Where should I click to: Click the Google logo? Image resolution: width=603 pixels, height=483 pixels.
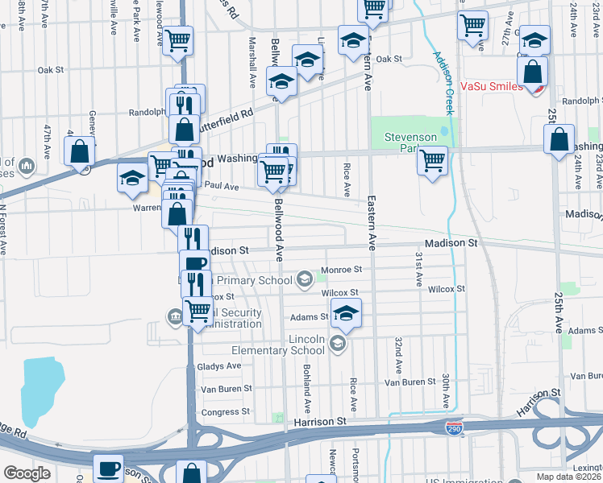pos(27,473)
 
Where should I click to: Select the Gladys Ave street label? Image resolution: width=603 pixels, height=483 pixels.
pos(219,365)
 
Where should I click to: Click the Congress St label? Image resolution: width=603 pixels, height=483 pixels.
pos(220,412)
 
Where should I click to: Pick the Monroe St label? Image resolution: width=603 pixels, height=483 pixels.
pos(342,270)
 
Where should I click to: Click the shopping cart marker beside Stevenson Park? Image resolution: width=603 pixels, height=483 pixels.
pos(433,161)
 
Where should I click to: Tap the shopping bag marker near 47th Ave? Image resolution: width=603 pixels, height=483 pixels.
pos(80,151)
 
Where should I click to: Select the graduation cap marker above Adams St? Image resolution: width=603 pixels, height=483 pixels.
pos(346,312)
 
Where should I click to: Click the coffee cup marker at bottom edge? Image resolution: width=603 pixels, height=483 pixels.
pos(109,468)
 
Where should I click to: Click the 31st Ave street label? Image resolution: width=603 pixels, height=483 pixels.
pos(419,269)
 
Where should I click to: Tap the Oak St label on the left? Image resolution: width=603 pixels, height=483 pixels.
pos(50,70)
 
